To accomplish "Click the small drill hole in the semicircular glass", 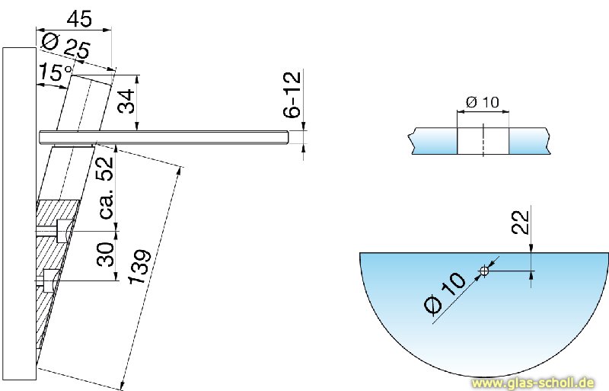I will click(x=483, y=270).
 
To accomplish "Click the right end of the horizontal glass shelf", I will click(x=285, y=136).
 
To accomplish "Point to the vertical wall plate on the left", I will click(x=18, y=213).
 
